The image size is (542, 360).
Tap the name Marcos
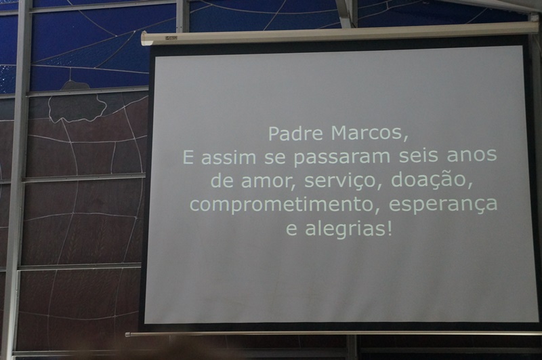tap(366, 133)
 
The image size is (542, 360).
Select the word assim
tap(228, 157)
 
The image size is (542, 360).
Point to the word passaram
tap(342, 158)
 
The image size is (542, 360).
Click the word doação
tap(428, 180)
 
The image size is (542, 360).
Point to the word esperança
tap(443, 204)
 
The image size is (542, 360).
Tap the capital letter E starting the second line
tap(188, 157)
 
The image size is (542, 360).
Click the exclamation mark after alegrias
tap(390, 228)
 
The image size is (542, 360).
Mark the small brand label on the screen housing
tap(171, 38)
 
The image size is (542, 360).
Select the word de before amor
tap(222, 180)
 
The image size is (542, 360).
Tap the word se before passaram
tap(275, 157)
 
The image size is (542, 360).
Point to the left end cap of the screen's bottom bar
tap(127, 334)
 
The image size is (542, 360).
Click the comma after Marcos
tap(404, 138)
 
